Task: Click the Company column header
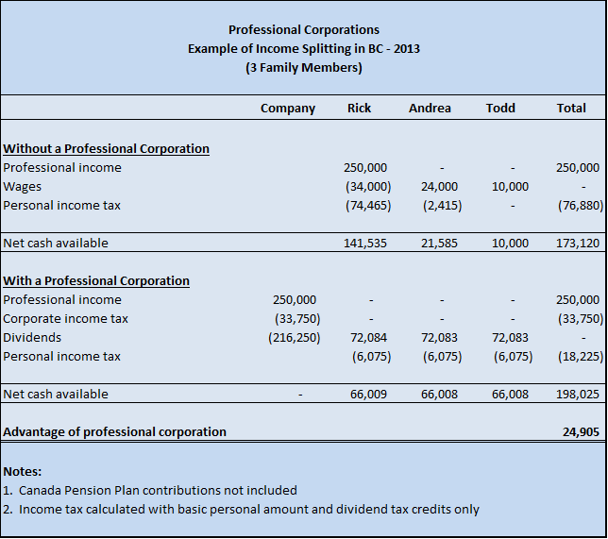coord(288,109)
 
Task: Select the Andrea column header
coord(430,109)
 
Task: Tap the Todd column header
coord(500,109)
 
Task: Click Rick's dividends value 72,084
coord(368,338)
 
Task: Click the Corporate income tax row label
coord(66,319)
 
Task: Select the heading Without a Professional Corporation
coord(107,149)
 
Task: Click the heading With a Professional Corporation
coord(96,281)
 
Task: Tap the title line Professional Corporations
coord(303,30)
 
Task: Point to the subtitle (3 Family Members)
coord(303,67)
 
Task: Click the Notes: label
coord(23,471)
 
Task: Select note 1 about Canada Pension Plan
coord(150,491)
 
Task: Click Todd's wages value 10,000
coord(511,187)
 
